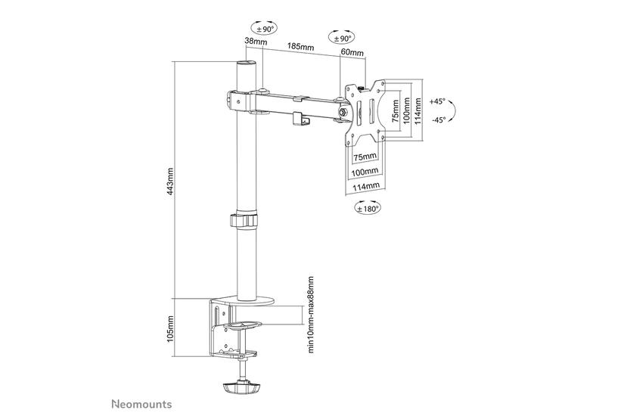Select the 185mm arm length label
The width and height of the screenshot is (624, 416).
pos(300,47)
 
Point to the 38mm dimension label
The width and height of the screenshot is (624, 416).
pos(255,42)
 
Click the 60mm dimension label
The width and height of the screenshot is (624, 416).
pos(352,53)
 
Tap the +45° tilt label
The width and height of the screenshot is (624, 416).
pos(437,101)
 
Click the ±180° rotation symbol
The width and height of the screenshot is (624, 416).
pos(367,207)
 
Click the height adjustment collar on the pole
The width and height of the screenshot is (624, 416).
pos(245,222)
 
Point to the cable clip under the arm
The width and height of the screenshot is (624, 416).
pos(303,120)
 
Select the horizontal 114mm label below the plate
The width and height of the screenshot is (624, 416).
pos(367,186)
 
